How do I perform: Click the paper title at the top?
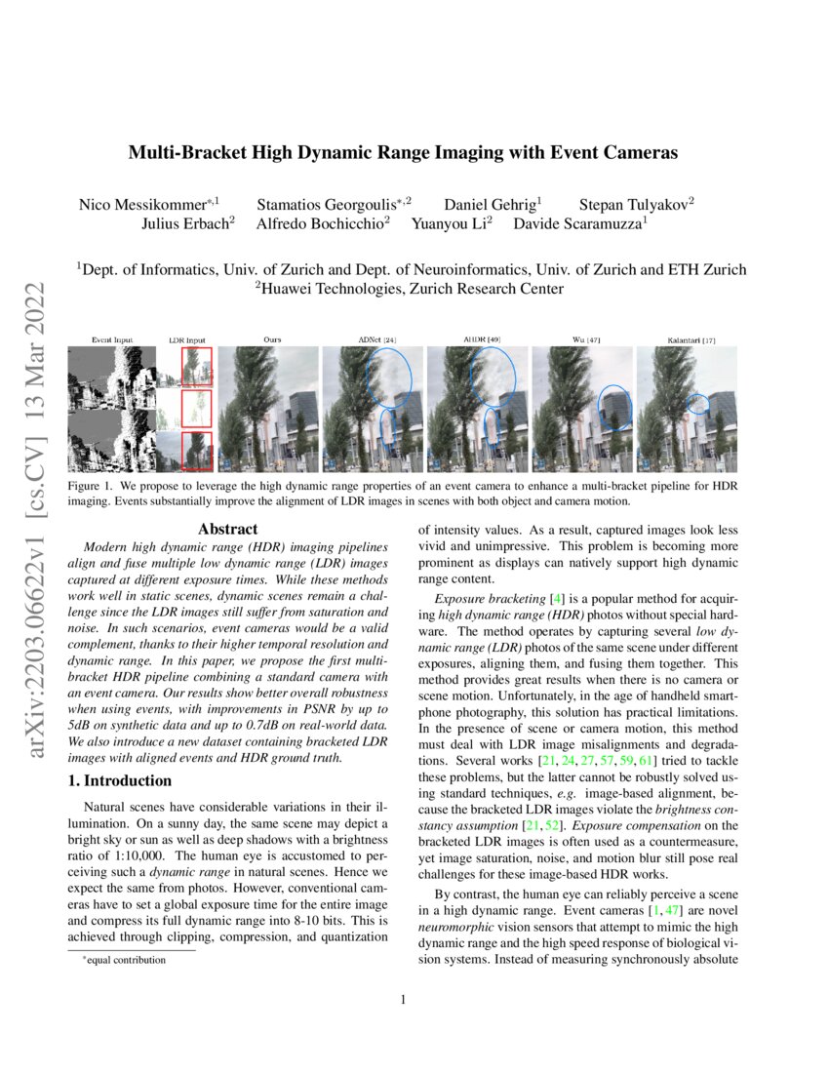[404, 153]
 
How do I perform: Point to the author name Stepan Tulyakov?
[636, 205]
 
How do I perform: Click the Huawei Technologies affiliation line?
[409, 288]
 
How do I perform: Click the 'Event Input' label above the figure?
[112, 340]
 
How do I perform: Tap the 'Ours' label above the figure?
[273, 340]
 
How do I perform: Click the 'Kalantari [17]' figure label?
[687, 340]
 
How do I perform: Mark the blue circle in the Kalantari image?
[697, 403]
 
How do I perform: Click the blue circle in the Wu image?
[615, 408]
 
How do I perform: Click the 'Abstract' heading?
[227, 529]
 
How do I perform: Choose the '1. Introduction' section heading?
[123, 780]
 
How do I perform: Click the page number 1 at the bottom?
[404, 998]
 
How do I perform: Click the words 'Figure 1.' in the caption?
[91, 485]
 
